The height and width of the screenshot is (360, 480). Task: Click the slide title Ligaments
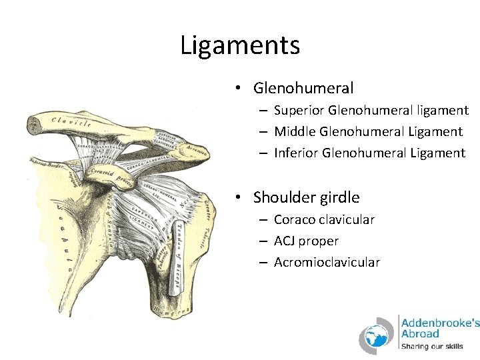[240, 45]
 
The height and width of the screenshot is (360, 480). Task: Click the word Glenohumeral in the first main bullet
[303, 88]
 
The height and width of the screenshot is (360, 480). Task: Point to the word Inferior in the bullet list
[295, 153]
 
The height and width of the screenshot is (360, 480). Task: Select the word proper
[321, 241]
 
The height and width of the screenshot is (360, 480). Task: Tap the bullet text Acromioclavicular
[327, 262]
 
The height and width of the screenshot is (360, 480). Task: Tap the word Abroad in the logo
[420, 333]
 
